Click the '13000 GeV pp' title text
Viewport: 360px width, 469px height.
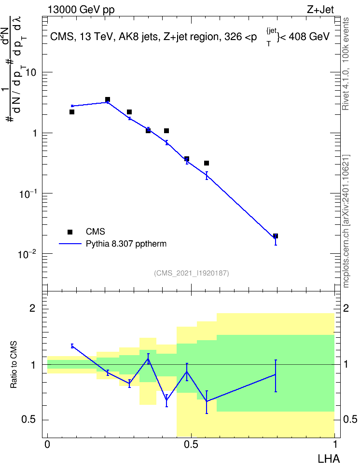click(81, 10)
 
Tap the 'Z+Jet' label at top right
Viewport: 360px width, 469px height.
click(320, 10)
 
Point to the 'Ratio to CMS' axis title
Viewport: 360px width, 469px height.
click(14, 365)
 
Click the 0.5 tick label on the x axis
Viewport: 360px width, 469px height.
click(191, 444)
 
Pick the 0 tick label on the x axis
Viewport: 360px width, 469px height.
click(47, 444)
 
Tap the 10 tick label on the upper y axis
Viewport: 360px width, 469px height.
click(30, 73)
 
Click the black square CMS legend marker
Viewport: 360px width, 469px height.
click(70, 232)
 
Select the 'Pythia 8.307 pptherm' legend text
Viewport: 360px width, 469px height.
click(126, 244)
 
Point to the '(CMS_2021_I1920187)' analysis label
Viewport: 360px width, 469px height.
click(192, 273)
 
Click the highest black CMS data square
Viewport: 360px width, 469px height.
click(108, 99)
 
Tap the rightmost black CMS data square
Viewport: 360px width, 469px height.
click(276, 236)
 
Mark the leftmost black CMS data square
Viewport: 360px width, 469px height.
click(72, 112)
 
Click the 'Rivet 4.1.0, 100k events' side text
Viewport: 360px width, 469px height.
click(346, 64)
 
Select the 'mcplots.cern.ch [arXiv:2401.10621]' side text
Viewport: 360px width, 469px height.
click(346, 221)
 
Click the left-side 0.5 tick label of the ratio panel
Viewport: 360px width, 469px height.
click(29, 419)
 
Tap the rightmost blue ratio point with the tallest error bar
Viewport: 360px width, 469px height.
click(276, 374)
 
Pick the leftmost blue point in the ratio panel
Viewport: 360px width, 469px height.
click(72, 346)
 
